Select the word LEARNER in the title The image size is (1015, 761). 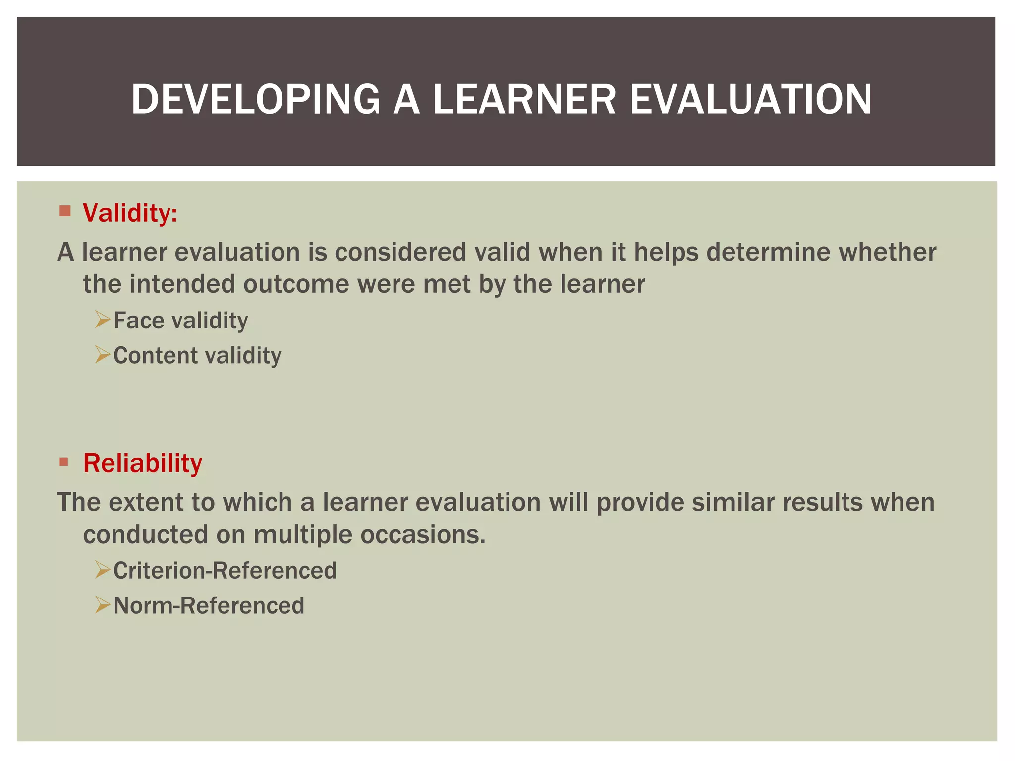[524, 100]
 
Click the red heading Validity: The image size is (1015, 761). [130, 213]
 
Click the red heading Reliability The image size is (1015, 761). [142, 463]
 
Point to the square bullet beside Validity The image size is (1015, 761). [65, 211]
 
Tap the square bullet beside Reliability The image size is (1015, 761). [64, 462]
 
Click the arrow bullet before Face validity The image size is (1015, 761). [102, 320]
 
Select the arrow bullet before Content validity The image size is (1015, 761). [102, 355]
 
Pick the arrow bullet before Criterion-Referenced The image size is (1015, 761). [102, 570]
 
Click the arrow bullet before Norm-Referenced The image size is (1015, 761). [102, 605]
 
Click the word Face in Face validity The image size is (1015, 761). [138, 321]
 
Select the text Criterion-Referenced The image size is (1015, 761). [225, 571]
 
